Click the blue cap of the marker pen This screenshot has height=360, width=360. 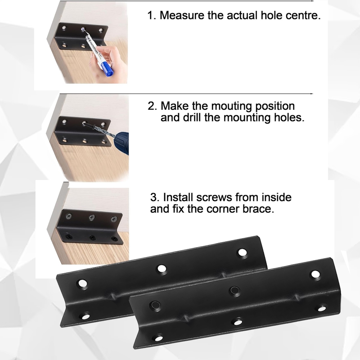[108, 71]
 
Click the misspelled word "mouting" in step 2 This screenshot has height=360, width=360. [231, 106]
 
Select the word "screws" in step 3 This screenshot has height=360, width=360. [214, 198]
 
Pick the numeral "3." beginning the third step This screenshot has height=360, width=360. [155, 198]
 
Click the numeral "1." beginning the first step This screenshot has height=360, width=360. [152, 15]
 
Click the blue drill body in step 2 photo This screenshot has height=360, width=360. [121, 143]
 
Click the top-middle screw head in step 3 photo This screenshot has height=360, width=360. [92, 217]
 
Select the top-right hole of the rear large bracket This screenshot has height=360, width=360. [243, 252]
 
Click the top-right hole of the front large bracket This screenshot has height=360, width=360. [315, 274]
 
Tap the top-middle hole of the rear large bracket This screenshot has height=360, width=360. [162, 268]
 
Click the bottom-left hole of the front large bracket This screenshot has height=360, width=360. [158, 338]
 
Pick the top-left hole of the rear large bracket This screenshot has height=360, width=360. [83, 283]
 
